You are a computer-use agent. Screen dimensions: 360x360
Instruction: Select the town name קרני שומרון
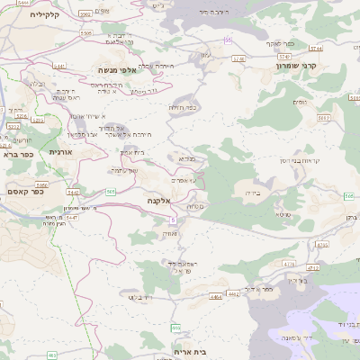pos(297,66)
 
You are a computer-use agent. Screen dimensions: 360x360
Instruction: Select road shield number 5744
pos(315,48)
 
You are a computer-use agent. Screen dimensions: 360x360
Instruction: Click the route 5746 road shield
pos(239,58)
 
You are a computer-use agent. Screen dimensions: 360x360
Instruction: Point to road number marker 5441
pos(59,67)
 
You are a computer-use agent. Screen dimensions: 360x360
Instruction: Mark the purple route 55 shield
pos(229,40)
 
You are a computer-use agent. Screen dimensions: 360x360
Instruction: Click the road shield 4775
pos(321,243)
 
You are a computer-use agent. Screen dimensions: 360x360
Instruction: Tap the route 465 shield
pos(51,355)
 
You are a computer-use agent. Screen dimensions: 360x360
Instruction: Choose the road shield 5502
pos(322,117)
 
